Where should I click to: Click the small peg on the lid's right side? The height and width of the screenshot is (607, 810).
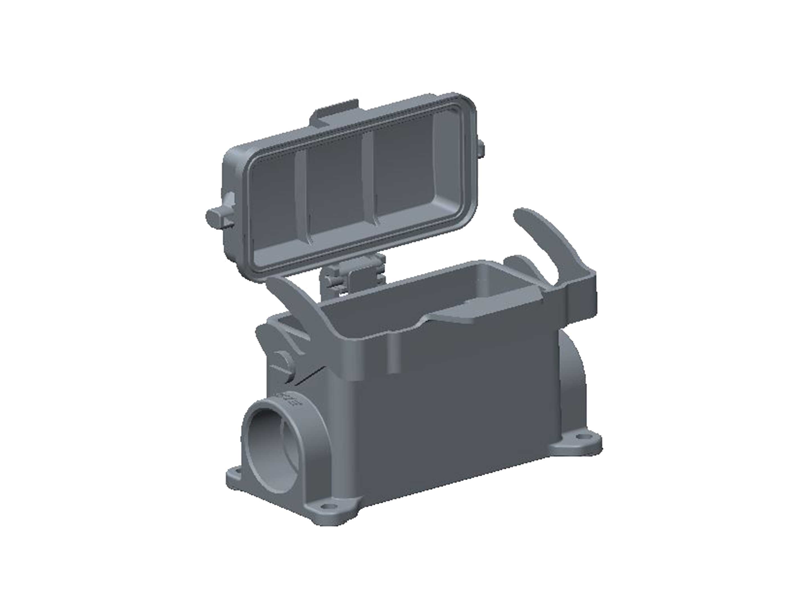(481, 149)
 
